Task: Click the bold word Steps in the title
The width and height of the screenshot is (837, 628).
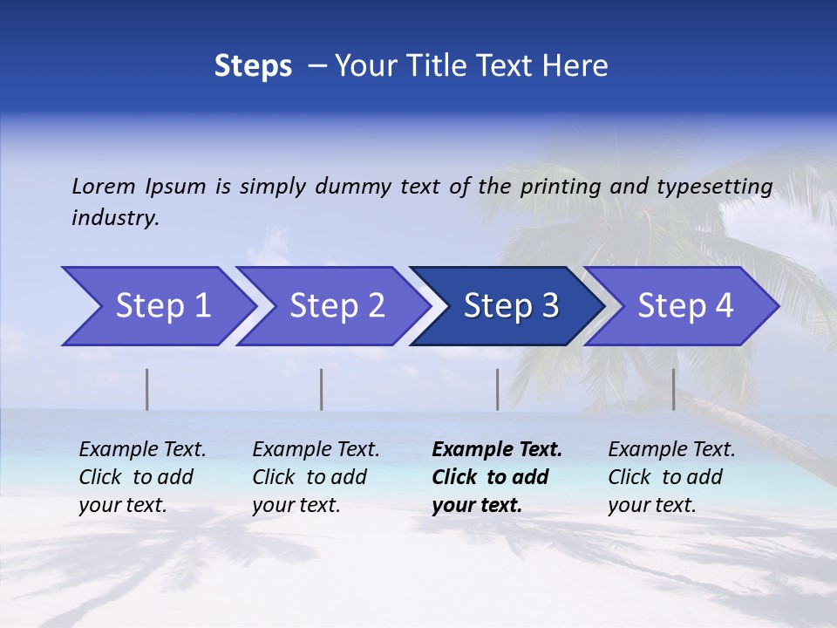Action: (x=253, y=66)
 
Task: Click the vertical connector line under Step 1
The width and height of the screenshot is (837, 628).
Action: (x=146, y=389)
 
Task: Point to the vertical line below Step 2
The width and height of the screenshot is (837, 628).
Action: (x=322, y=389)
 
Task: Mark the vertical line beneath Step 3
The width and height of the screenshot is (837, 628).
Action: (x=497, y=389)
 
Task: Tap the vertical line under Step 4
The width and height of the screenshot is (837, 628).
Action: (x=673, y=389)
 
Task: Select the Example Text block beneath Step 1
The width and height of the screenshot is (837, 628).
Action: (x=142, y=477)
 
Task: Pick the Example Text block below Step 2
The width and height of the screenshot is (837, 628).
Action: (x=316, y=477)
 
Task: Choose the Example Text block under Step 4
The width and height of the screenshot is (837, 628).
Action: (x=671, y=477)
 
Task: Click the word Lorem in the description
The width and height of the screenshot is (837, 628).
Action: (x=104, y=186)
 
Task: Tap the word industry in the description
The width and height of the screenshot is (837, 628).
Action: (x=115, y=218)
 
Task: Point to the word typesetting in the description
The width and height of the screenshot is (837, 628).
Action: (x=714, y=187)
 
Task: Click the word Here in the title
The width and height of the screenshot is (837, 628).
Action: (x=576, y=66)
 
